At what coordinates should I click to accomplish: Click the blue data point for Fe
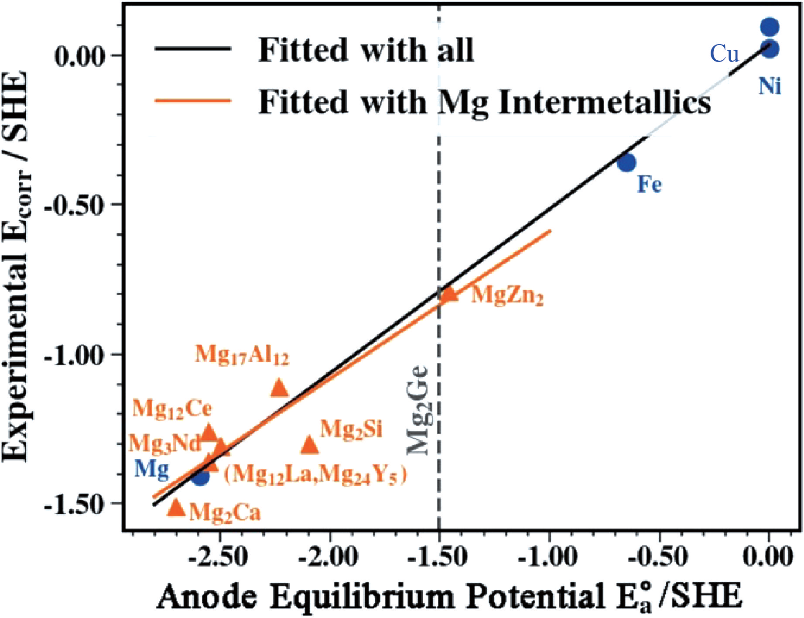pyautogui.click(x=626, y=163)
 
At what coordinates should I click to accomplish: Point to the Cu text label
pyautogui.click(x=724, y=54)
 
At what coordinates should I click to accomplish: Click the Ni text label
pyautogui.click(x=770, y=86)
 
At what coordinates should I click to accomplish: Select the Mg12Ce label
pyautogui.click(x=172, y=409)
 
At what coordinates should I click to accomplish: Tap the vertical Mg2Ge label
pyautogui.click(x=418, y=410)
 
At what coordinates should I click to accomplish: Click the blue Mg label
pyautogui.click(x=151, y=470)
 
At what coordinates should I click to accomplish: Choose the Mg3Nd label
pyautogui.click(x=165, y=443)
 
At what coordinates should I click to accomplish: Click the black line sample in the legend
pyautogui.click(x=192, y=48)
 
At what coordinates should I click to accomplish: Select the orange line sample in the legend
pyautogui.click(x=192, y=101)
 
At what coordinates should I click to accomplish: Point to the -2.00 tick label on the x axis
pyautogui.click(x=329, y=557)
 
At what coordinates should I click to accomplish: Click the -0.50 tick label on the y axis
pyautogui.click(x=77, y=204)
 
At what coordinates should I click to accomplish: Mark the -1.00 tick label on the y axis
pyautogui.click(x=77, y=354)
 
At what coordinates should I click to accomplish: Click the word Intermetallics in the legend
pyautogui.click(x=604, y=103)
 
